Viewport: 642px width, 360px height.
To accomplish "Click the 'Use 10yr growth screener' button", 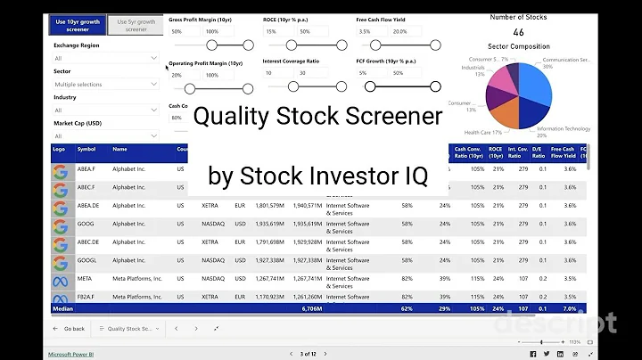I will tap(78, 24).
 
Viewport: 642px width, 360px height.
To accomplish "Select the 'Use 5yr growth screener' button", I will tap(134, 24).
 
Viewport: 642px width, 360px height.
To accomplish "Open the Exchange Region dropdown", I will tap(105, 58).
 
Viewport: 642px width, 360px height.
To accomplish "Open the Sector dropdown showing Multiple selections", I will tap(105, 85).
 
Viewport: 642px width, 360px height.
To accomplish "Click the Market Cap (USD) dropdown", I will tap(105, 136).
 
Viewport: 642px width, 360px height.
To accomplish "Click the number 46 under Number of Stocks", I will tap(518, 32).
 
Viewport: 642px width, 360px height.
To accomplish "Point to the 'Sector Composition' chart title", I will tap(518, 46).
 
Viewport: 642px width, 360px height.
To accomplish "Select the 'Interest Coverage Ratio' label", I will tap(291, 61).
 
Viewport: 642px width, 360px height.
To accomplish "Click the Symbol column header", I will tap(86, 150).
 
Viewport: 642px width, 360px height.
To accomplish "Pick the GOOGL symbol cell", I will tap(87, 260).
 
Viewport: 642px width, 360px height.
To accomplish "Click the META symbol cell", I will tap(86, 278).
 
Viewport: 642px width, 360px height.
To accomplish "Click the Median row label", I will tap(62, 308).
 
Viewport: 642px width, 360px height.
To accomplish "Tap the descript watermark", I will tap(556, 323).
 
